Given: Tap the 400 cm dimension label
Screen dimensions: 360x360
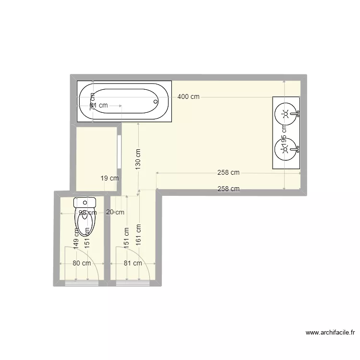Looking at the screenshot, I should (x=188, y=96).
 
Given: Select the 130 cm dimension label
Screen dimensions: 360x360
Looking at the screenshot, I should (x=138, y=159).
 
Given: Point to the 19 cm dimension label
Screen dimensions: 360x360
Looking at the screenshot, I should (x=109, y=178).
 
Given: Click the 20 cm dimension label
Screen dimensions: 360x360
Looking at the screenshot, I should (x=115, y=212).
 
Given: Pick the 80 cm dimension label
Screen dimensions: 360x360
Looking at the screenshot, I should (x=82, y=263).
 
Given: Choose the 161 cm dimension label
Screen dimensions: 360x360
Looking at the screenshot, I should (x=138, y=235).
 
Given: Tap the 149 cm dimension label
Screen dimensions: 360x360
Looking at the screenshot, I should (x=76, y=237).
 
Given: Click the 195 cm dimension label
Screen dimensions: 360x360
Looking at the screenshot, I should (x=284, y=136).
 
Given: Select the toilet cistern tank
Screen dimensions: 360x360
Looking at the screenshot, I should (x=85, y=202).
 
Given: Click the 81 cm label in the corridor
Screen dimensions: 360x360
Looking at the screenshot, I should (x=132, y=263).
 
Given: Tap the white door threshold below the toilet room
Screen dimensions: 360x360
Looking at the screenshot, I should (x=82, y=283).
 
